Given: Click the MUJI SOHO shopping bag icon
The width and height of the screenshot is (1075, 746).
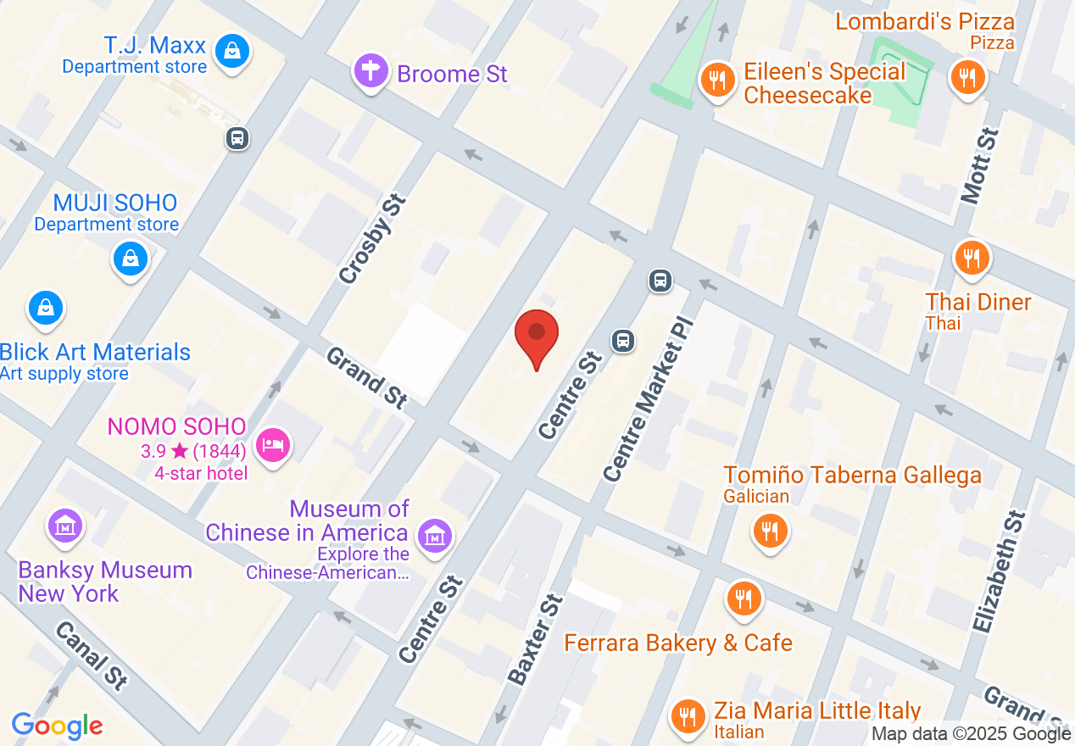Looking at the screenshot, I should click(x=131, y=258).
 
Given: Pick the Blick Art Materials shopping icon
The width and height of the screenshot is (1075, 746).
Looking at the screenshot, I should click(x=46, y=308).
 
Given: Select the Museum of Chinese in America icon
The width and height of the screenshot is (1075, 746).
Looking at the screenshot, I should click(x=435, y=536).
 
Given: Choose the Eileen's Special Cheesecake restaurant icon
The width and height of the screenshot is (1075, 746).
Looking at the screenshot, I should click(x=717, y=80).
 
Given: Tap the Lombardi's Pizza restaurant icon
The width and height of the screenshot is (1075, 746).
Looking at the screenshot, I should click(x=966, y=78).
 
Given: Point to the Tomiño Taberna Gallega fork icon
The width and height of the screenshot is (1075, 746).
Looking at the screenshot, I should click(x=770, y=532).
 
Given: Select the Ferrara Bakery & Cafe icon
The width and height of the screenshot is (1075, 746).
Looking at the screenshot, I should click(x=744, y=598).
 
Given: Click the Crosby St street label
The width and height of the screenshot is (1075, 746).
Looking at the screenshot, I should click(x=373, y=239).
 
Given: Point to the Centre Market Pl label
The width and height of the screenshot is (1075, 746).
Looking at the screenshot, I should click(x=643, y=400).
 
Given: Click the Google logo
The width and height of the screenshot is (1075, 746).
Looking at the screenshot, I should click(x=58, y=726).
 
